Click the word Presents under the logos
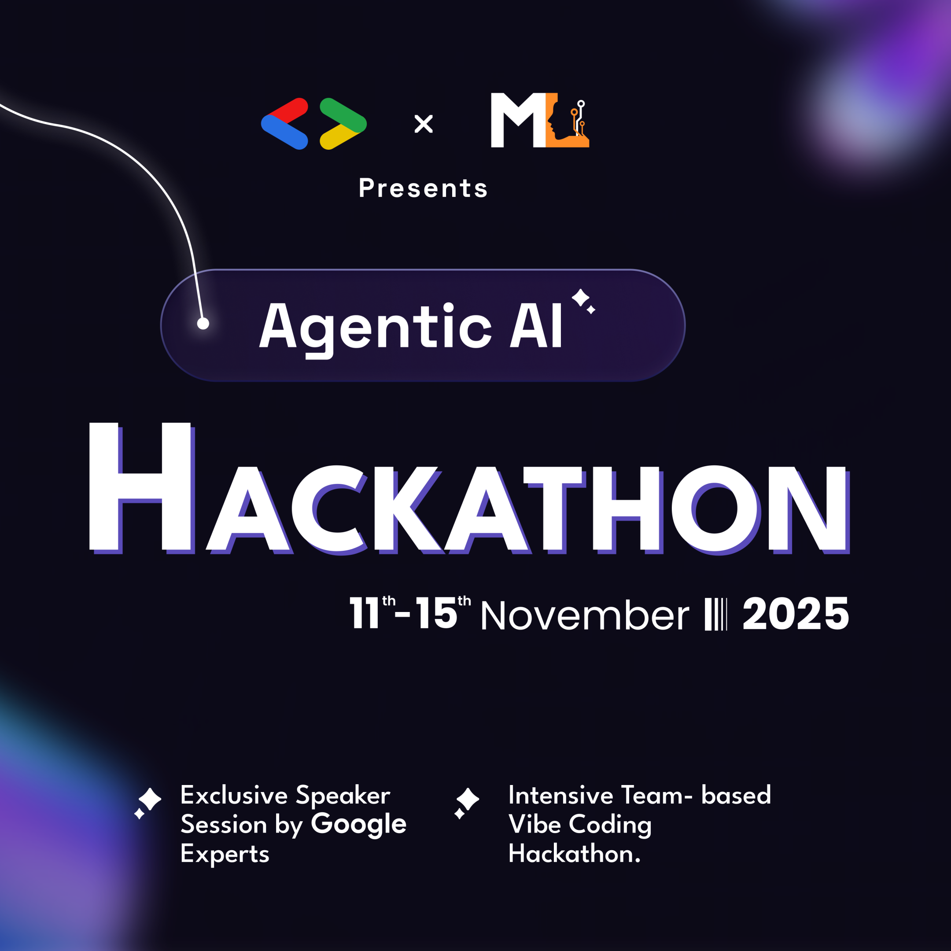(423, 188)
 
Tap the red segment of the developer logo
(291, 110)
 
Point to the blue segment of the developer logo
(284, 133)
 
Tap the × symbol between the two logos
(423, 124)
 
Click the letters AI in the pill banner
(535, 325)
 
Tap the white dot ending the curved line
(203, 324)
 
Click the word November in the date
(584, 616)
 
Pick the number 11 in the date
(364, 613)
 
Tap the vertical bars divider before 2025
(715, 614)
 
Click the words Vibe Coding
(580, 825)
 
